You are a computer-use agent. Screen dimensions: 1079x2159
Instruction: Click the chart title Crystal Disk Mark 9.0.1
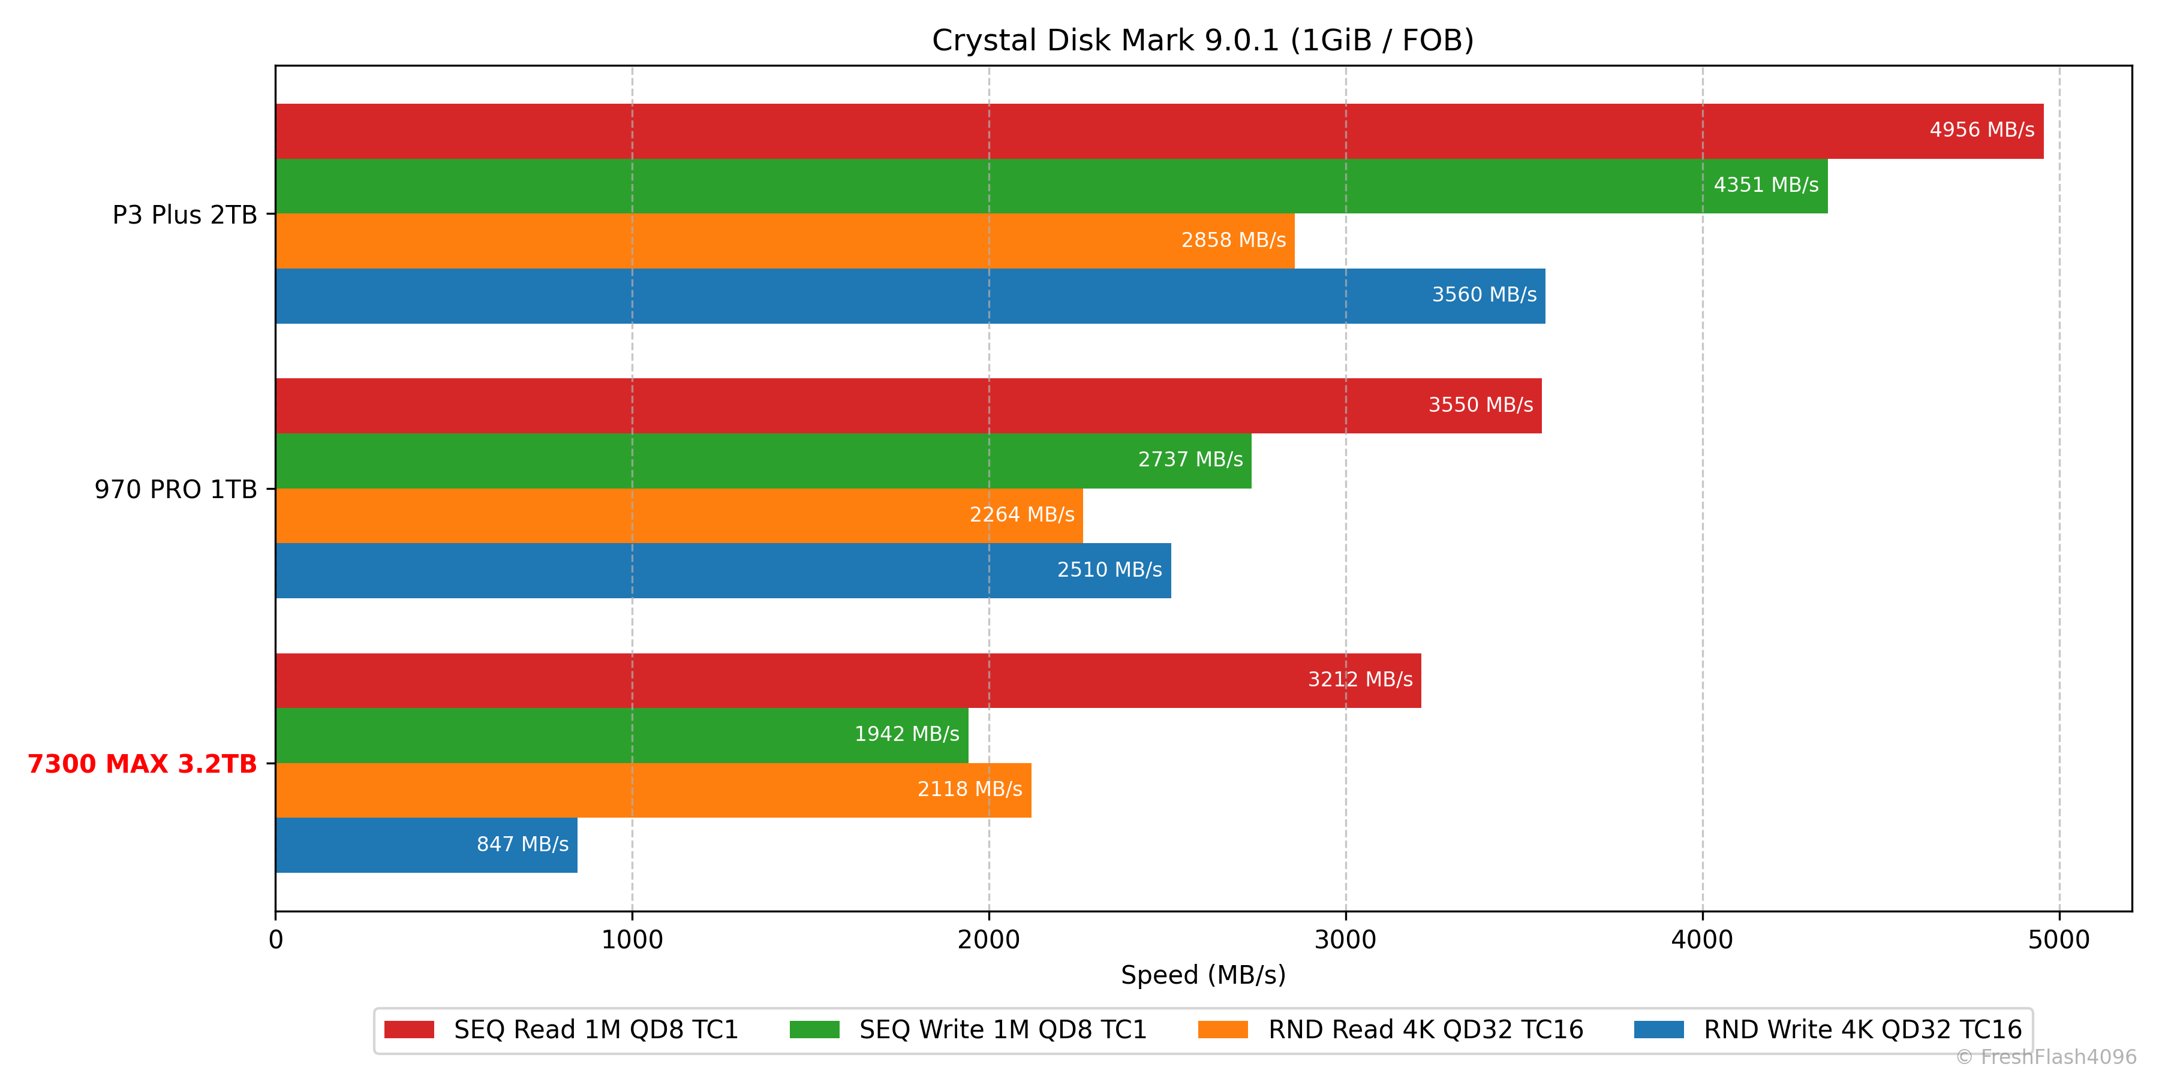(x=1202, y=40)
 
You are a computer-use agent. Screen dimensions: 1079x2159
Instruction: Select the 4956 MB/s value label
(x=1981, y=130)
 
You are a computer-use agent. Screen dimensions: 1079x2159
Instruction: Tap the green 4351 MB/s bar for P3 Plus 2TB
(x=1006, y=186)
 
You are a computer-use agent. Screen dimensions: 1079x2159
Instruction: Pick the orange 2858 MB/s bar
(x=754, y=240)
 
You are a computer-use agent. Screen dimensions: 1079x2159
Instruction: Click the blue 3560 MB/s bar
(x=838, y=296)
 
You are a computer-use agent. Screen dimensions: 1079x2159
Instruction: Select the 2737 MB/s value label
(x=1190, y=460)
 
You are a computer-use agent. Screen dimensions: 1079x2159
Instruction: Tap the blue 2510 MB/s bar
(x=670, y=571)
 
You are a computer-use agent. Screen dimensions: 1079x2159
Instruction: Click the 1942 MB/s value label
(x=907, y=735)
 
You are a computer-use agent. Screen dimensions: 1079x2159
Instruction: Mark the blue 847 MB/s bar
(x=377, y=845)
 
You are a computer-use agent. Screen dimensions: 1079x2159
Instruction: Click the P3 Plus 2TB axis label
(x=184, y=215)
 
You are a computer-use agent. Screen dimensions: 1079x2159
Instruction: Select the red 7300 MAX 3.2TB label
(x=143, y=764)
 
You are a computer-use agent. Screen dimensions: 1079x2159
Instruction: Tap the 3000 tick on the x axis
(x=1345, y=940)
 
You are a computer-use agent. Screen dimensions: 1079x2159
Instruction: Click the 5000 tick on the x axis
(x=2058, y=940)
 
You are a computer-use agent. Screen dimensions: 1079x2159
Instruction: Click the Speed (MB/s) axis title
(x=1202, y=975)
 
